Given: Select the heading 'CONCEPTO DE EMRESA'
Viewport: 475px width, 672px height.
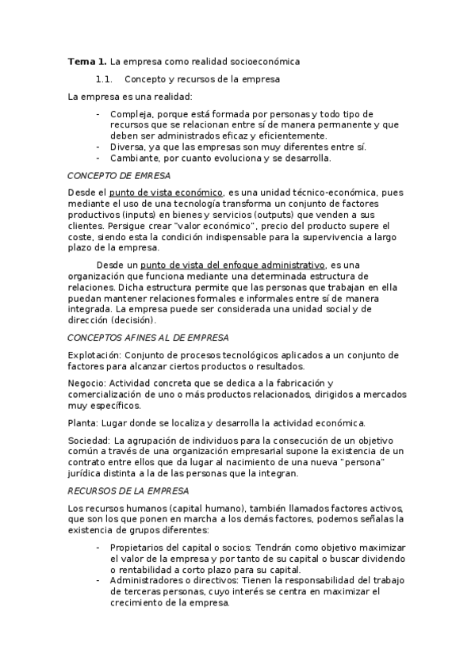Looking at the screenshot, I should pos(118,175).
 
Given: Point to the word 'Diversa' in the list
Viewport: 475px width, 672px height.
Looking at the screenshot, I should pos(128,147).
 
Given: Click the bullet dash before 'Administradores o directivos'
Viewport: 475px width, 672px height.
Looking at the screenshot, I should pos(98,581).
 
